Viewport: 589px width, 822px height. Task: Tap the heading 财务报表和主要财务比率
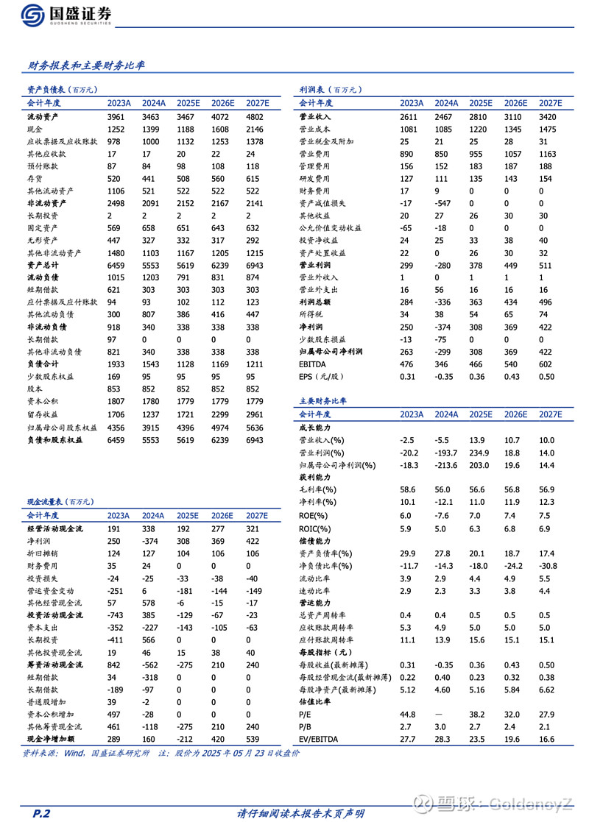point(86,65)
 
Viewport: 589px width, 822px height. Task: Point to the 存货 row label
point(35,179)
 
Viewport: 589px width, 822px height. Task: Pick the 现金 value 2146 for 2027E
point(254,130)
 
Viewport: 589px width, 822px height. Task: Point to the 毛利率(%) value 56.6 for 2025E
point(478,489)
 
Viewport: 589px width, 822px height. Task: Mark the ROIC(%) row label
point(314,528)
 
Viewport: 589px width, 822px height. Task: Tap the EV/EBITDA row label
point(320,740)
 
